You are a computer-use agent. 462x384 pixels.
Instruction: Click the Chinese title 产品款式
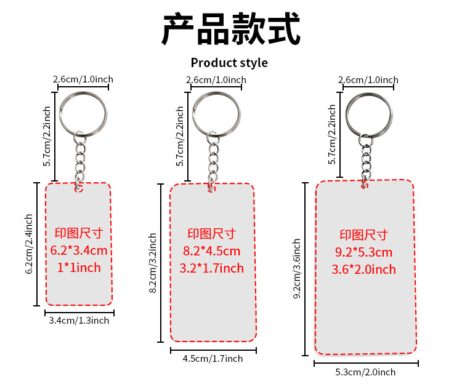pyautogui.click(x=231, y=28)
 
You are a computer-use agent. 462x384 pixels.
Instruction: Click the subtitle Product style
pyautogui.click(x=229, y=63)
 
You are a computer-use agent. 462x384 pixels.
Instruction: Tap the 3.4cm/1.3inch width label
pyautogui.click(x=78, y=320)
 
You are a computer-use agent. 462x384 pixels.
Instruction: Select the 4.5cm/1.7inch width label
pyautogui.click(x=213, y=358)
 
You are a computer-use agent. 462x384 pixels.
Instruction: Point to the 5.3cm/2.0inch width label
pyautogui.click(x=365, y=372)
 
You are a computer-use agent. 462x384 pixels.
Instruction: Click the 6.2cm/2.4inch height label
pyautogui.click(x=29, y=244)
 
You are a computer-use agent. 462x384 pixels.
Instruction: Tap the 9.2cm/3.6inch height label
pyautogui.click(x=297, y=269)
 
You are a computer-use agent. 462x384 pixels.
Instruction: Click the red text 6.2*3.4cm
pyautogui.click(x=79, y=250)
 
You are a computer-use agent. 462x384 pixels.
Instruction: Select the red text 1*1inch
pyautogui.click(x=79, y=268)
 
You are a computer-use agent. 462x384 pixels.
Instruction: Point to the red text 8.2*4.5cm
pyautogui.click(x=212, y=251)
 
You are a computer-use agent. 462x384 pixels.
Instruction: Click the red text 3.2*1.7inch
pyautogui.click(x=212, y=268)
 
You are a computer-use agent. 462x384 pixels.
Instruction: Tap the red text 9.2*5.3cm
pyautogui.click(x=364, y=252)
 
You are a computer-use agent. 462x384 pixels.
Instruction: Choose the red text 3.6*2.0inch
pyautogui.click(x=364, y=270)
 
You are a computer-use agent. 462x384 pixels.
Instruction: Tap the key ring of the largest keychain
pyautogui.click(x=368, y=110)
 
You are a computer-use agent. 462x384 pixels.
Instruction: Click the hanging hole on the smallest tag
pyautogui.click(x=79, y=188)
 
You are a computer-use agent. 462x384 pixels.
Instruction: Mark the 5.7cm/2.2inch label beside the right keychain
pyautogui.click(x=332, y=134)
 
